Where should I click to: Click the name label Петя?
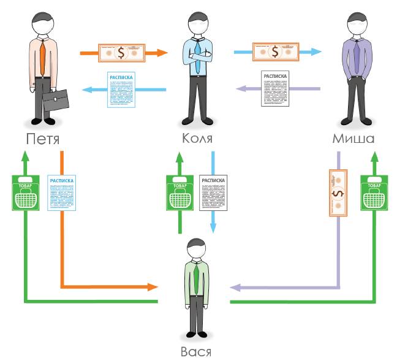43,139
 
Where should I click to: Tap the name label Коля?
197,139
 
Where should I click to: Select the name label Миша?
353,139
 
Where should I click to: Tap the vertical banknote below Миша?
338,193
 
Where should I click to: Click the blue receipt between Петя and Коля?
122,90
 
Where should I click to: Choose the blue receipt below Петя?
61,193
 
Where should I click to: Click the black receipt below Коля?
213,193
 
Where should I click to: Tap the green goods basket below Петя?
25,193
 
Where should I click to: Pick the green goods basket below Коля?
180,193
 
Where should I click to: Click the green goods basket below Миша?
373,193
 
